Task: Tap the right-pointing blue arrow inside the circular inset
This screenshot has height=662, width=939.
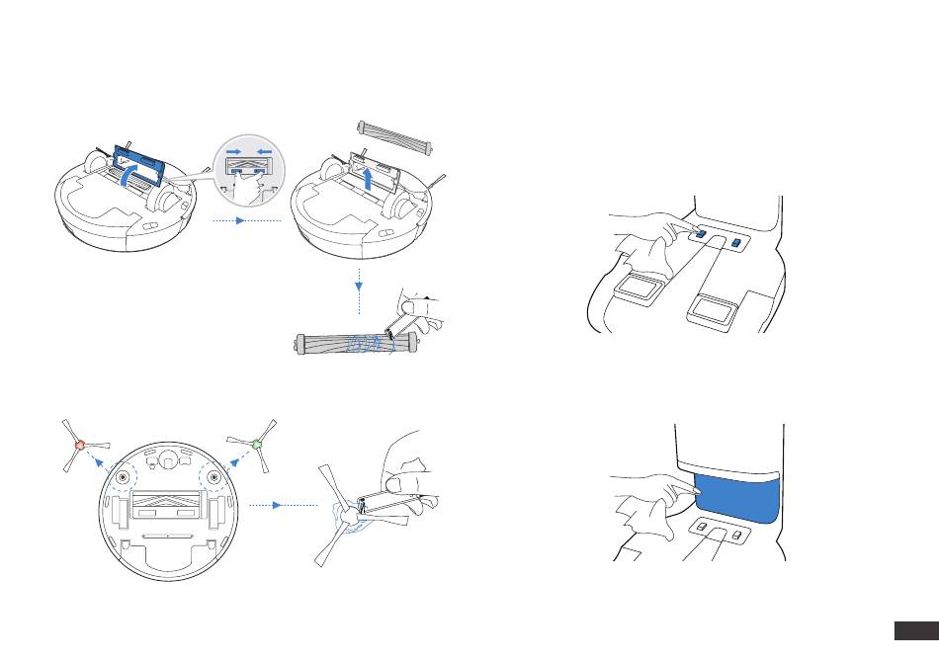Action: pyautogui.click(x=235, y=153)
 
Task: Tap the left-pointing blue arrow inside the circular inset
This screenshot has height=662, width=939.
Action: pyautogui.click(x=263, y=153)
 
